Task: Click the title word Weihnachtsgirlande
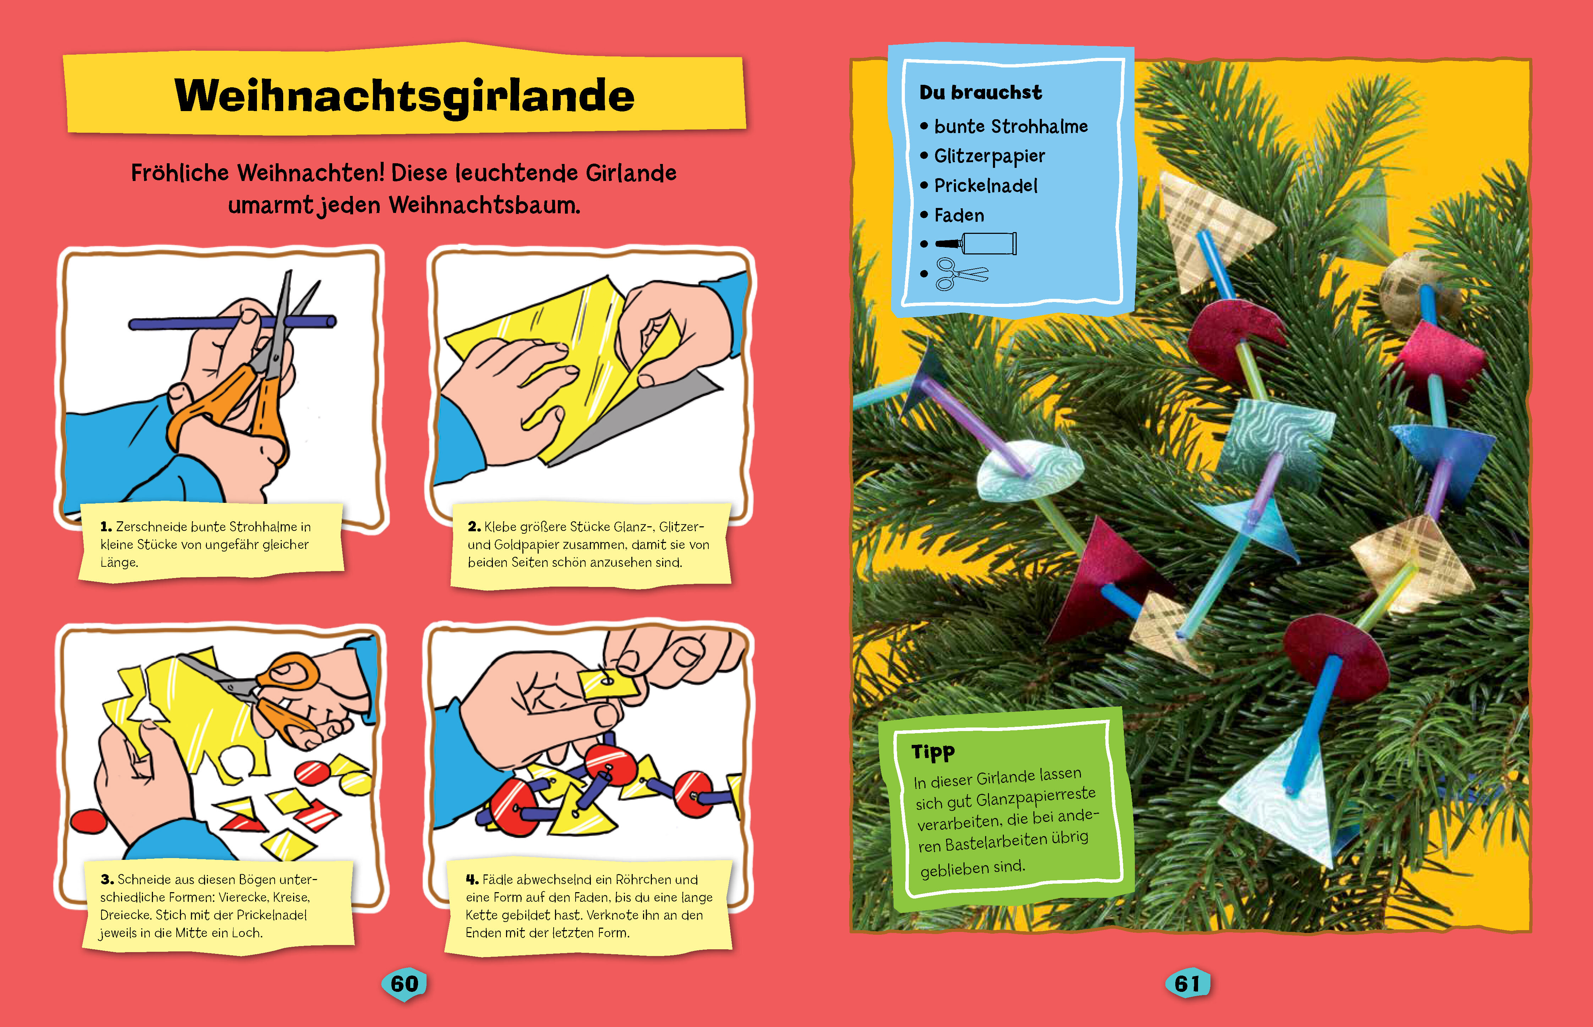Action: click(404, 95)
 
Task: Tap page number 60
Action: click(404, 984)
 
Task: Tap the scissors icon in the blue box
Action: click(961, 274)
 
